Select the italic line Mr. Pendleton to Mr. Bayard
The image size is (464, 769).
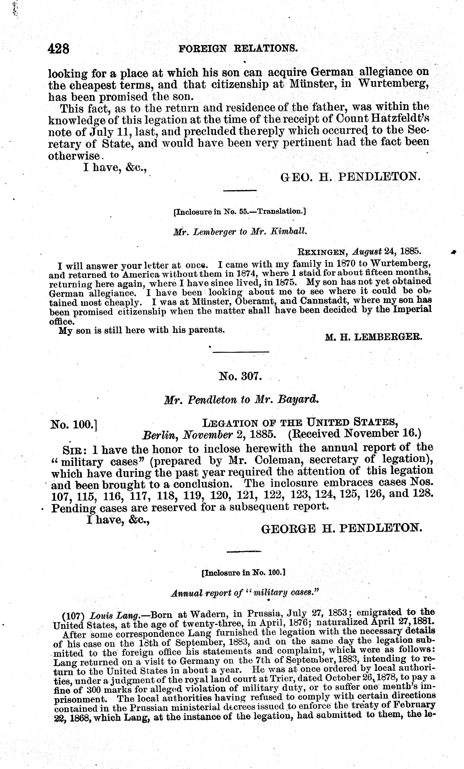(241, 400)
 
